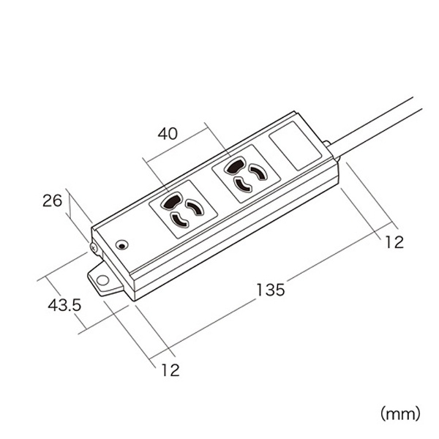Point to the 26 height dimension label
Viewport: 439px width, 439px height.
coord(50,200)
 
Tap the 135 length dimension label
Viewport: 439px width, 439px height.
coord(271,290)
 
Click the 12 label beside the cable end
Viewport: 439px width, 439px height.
coord(394,243)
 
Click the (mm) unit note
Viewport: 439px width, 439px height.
coord(400,414)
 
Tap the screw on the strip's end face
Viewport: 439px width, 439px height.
coord(94,247)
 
